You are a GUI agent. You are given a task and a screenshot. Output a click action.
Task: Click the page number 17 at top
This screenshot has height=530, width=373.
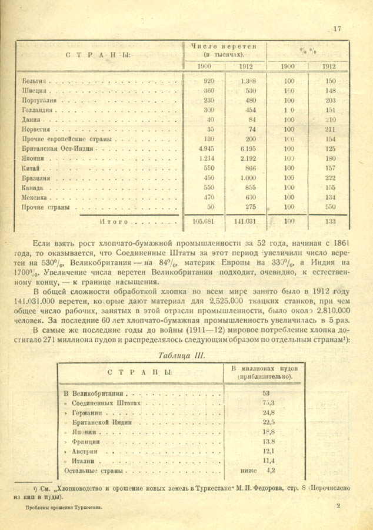(x=337, y=28)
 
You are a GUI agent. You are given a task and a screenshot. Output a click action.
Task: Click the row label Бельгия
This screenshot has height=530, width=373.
(x=34, y=81)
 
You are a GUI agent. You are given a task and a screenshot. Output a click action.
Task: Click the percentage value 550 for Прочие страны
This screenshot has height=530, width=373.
(x=330, y=207)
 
